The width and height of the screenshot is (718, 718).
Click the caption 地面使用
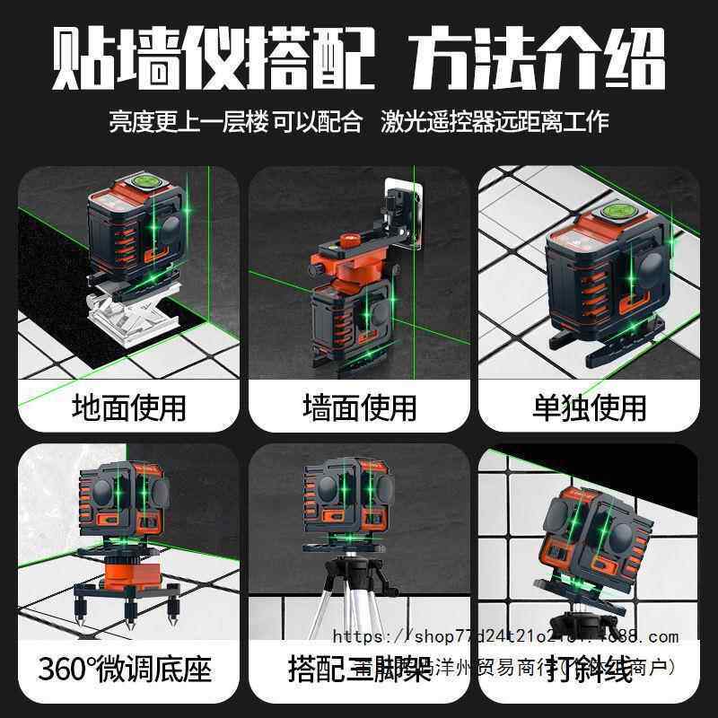pyautogui.click(x=128, y=407)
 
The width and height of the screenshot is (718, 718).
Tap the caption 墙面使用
pyautogui.click(x=359, y=407)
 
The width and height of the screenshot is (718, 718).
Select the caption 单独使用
pyautogui.click(x=589, y=407)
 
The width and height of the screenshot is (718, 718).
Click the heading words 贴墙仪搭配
pyautogui.click(x=213, y=61)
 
